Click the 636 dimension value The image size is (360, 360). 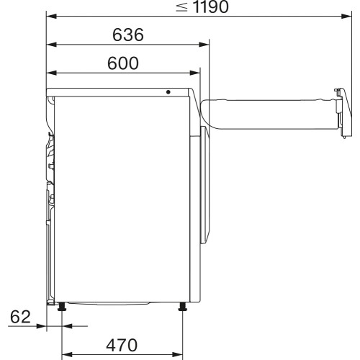(128, 34)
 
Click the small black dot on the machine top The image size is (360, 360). (168, 91)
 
